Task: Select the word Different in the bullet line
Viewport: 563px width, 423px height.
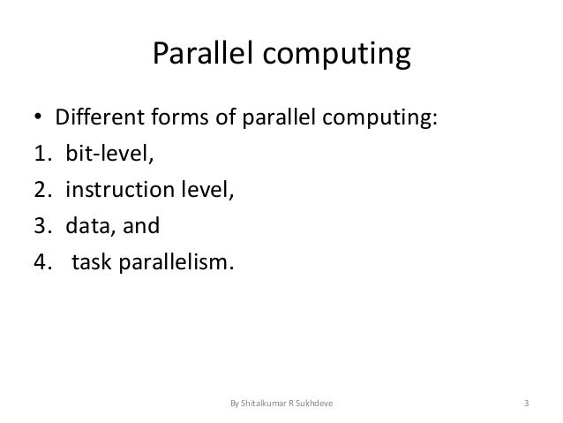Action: click(95, 117)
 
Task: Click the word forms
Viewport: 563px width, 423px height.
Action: click(171, 117)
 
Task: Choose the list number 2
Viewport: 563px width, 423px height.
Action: click(41, 191)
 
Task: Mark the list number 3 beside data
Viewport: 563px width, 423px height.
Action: click(41, 225)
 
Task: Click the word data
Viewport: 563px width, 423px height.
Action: click(87, 225)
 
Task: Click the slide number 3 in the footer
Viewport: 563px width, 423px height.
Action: click(526, 405)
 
